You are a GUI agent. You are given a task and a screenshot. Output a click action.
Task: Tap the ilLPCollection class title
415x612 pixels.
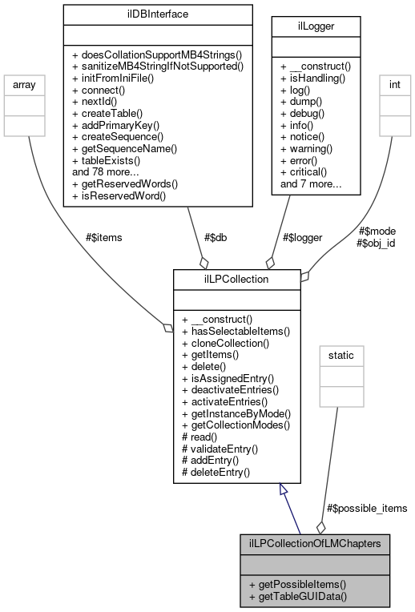tap(237, 280)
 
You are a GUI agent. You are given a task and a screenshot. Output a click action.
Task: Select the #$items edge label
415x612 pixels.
tap(103, 237)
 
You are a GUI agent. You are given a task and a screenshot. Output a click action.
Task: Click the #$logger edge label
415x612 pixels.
tap(303, 237)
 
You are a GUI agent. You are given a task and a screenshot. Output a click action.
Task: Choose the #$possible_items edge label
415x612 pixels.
tap(368, 508)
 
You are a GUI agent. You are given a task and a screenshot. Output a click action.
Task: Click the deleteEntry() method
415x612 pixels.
tap(217, 472)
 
